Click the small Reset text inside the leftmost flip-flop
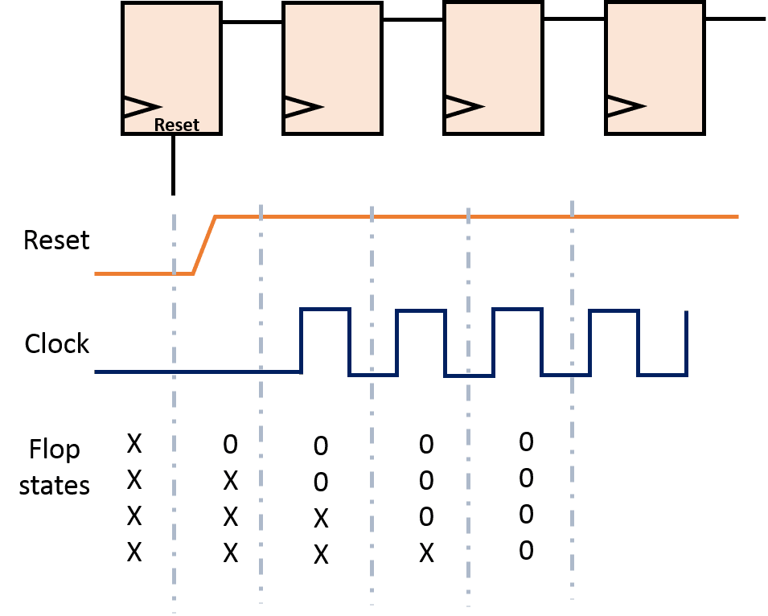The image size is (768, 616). (176, 125)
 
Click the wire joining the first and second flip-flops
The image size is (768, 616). (252, 22)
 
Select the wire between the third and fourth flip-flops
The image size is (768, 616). (574, 18)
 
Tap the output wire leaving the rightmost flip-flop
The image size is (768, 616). (736, 18)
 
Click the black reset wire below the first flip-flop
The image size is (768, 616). (173, 165)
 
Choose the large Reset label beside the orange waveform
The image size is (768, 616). (56, 240)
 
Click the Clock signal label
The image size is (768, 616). (56, 344)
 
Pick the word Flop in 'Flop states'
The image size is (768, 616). (55, 449)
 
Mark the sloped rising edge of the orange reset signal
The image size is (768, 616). (204, 245)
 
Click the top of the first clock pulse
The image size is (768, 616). (325, 309)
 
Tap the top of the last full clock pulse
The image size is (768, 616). (614, 310)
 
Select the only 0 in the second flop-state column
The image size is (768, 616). (231, 443)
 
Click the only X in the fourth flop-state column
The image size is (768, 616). (426, 553)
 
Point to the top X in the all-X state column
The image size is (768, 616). (134, 442)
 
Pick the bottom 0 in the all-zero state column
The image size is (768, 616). (526, 550)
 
